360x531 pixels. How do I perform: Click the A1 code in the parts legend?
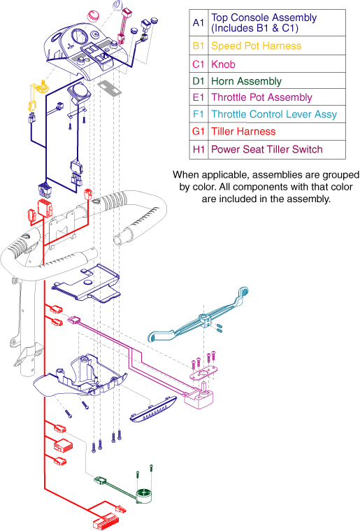pos(199,22)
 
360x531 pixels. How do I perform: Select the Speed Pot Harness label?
pos(256,46)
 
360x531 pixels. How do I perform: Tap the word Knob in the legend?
pos(223,64)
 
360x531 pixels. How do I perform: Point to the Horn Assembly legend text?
pos(246,81)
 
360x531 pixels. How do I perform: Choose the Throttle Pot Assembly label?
pos(261,97)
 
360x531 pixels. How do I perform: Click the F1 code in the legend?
pos(199,114)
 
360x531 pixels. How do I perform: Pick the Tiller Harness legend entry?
pos(243,132)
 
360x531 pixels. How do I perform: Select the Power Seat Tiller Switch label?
pos(266,149)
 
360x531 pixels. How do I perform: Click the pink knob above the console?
pos(93,16)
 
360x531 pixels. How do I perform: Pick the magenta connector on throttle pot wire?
pos(74,320)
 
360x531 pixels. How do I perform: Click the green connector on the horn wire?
pos(100,480)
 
